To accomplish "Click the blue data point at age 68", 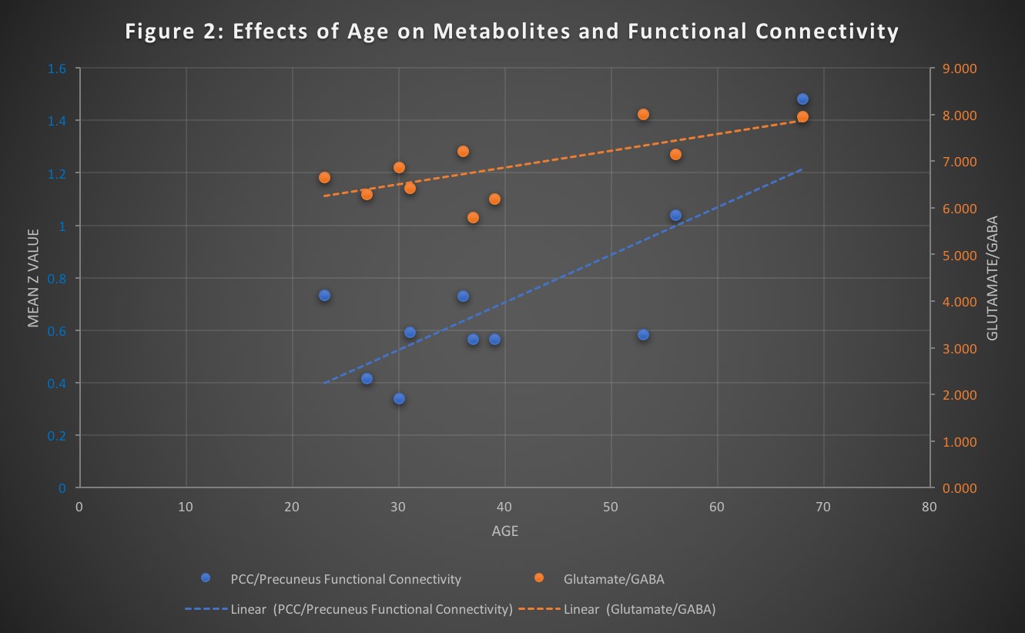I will [x=802, y=99].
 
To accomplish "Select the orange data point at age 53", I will [x=643, y=114].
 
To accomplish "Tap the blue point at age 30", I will [x=399, y=398].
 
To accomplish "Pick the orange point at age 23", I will [x=324, y=177].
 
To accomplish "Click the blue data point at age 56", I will [x=675, y=215].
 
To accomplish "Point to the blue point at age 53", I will [x=643, y=334].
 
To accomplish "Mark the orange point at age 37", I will [x=473, y=217].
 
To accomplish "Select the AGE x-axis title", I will [x=504, y=531].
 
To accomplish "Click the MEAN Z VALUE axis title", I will [x=33, y=278].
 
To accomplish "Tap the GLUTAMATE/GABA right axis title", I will [x=992, y=278].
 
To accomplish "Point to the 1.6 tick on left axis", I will [x=58, y=69].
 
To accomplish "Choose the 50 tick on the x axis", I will [x=611, y=506].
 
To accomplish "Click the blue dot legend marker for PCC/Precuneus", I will [x=205, y=578].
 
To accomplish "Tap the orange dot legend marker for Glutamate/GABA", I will [x=538, y=578].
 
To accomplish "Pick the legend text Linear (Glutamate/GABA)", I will [x=639, y=609].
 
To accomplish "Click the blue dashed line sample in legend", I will [x=206, y=609].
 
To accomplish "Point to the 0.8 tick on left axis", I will [x=58, y=278].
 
